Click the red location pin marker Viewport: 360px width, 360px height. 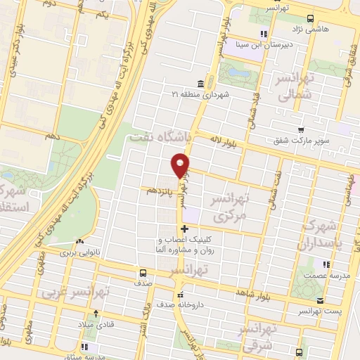(x=180, y=166)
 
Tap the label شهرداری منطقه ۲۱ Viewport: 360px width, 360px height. (x=200, y=94)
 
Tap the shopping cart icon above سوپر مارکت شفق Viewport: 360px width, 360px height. (x=301, y=129)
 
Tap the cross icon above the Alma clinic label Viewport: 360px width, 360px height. (x=184, y=229)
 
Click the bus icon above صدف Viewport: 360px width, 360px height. (x=143, y=273)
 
